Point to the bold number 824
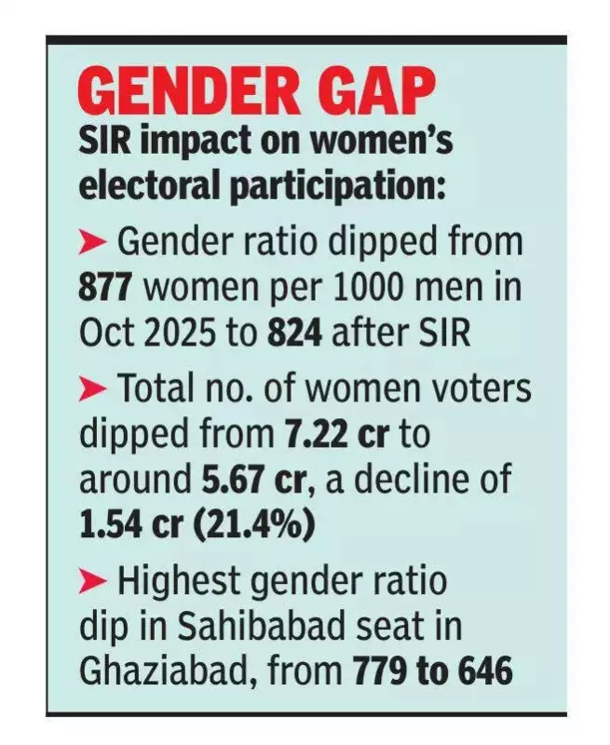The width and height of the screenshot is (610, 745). [x=299, y=332]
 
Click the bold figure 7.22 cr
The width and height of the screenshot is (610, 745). [x=332, y=435]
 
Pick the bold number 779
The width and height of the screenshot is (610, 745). [x=383, y=670]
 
